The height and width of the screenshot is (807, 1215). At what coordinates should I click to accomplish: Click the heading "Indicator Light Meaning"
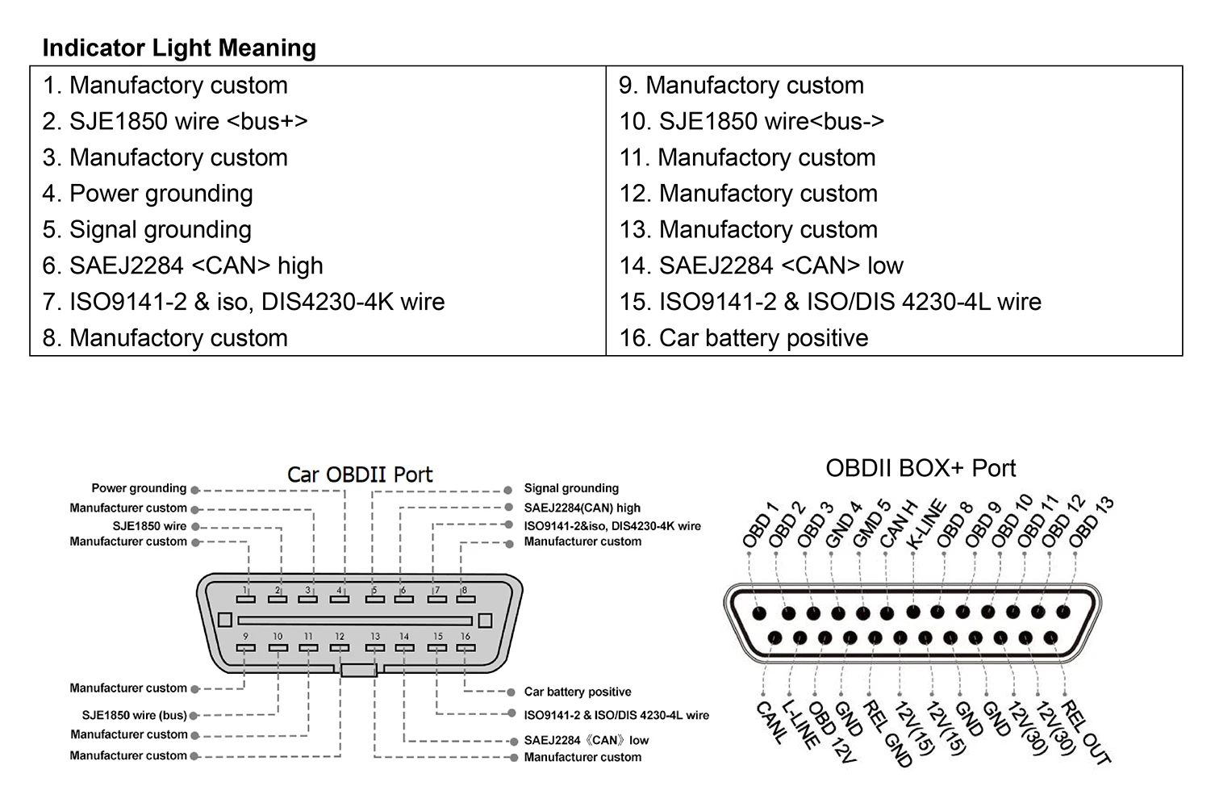click(x=179, y=48)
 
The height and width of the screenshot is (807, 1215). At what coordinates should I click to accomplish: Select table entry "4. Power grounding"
click(x=148, y=194)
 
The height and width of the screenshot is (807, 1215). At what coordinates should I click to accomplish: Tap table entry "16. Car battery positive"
click(x=744, y=338)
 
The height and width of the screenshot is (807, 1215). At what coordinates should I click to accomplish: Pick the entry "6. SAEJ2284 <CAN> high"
click(x=182, y=266)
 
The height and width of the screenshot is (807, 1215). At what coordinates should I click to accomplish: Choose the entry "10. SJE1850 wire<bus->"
click(x=751, y=122)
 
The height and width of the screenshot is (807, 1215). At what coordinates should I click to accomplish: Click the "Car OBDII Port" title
click(x=360, y=475)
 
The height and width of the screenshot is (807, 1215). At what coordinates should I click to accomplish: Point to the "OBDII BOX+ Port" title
click(x=921, y=468)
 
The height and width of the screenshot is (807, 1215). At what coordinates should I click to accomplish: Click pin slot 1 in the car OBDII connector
click(x=246, y=600)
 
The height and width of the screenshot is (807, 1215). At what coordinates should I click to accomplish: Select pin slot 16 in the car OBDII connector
click(x=466, y=648)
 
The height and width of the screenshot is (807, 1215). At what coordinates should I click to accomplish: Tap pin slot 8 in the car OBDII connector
click(x=466, y=600)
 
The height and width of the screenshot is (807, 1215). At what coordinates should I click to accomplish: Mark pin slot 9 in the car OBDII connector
click(x=246, y=648)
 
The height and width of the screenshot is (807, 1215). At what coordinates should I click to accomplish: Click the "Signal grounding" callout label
click(x=571, y=488)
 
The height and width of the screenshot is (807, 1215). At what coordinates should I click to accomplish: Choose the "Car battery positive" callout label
click(x=578, y=692)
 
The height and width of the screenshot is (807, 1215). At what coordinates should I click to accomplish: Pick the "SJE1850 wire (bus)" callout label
click(x=135, y=715)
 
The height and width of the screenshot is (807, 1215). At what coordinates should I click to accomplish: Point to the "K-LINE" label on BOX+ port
click(x=926, y=525)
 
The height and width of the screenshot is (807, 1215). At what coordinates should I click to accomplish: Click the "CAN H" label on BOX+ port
click(x=898, y=525)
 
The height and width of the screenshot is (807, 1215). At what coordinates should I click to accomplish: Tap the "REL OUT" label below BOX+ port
click(x=1085, y=732)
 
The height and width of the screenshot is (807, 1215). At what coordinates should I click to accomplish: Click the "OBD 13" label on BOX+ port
click(x=1091, y=522)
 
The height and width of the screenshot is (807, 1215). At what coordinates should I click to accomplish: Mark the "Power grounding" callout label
click(x=139, y=488)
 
